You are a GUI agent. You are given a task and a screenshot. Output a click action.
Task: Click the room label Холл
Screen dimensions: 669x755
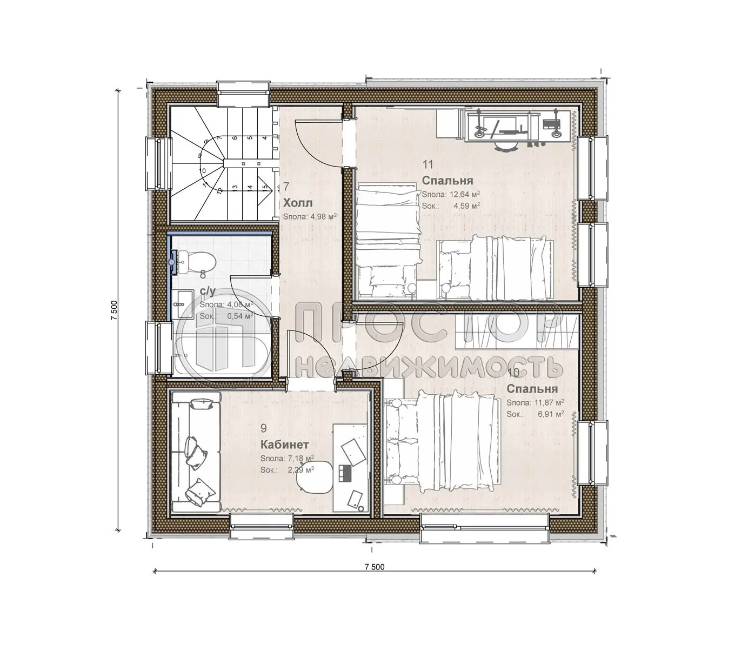click(x=298, y=203)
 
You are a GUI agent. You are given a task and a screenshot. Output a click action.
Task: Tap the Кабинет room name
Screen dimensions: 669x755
click(x=284, y=445)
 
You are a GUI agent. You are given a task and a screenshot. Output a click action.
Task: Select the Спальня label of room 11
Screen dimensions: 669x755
click(x=447, y=181)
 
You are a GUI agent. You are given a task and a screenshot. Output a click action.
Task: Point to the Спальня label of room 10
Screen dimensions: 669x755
click(x=532, y=389)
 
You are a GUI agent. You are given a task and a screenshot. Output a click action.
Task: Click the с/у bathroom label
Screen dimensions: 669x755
click(x=208, y=292)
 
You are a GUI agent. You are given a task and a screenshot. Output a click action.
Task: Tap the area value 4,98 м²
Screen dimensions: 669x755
click(x=322, y=216)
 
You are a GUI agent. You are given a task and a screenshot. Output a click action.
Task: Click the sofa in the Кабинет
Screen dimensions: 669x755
click(x=196, y=452)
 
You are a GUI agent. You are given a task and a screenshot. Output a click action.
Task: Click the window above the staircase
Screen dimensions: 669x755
click(x=243, y=95)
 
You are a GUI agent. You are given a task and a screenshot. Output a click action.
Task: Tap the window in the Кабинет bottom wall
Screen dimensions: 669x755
click(x=262, y=526)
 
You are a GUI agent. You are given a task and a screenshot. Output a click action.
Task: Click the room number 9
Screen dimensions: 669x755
click(x=263, y=428)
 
